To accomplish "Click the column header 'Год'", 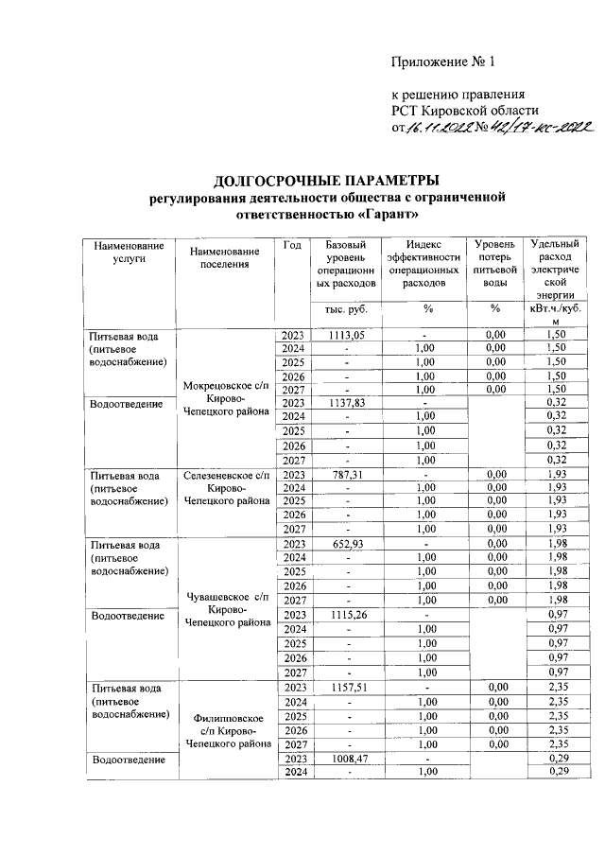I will pyautogui.click(x=292, y=246).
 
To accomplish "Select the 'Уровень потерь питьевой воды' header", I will pyautogui.click(x=494, y=263).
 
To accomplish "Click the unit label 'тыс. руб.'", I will pyautogui.click(x=347, y=308).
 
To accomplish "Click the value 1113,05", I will pyautogui.click(x=347, y=335).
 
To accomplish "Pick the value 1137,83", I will pyautogui.click(x=347, y=403).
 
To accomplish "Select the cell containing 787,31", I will pyautogui.click(x=347, y=474).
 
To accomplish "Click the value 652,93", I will pyautogui.click(x=347, y=545).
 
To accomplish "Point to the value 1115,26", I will pyautogui.click(x=347, y=615).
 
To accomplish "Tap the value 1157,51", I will pyautogui.click(x=347, y=687).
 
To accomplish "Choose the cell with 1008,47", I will pyautogui.click(x=347, y=758).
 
